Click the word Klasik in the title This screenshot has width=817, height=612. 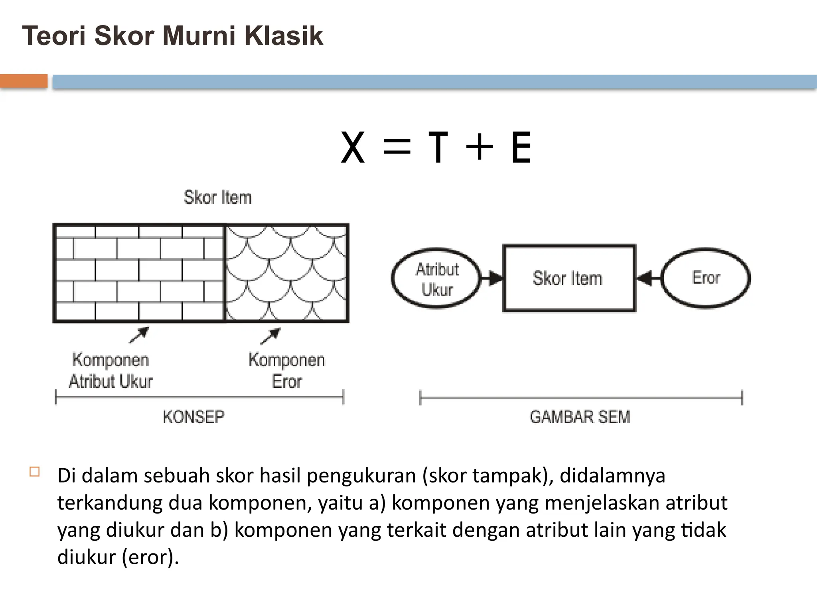283,36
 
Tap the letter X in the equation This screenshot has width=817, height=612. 353,148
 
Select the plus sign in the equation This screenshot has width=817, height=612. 479,147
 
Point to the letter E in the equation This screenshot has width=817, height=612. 521,148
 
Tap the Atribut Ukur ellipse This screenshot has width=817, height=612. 436,279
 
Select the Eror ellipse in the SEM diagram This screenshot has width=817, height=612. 706,278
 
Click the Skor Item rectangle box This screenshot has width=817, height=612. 569,278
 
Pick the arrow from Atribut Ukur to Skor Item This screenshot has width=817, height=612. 492,278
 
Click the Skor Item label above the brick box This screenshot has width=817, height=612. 218,198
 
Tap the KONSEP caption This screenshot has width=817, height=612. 193,417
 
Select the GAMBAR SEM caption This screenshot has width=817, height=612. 580,417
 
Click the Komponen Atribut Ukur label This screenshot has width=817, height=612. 111,371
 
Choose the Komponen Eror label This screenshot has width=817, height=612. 286,371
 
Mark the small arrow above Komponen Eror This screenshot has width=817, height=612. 270,336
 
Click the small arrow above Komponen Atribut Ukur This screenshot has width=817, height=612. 139,335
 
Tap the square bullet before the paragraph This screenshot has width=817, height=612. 35,472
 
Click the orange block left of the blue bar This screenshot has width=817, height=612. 24,81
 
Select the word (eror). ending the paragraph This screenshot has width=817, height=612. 150,557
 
